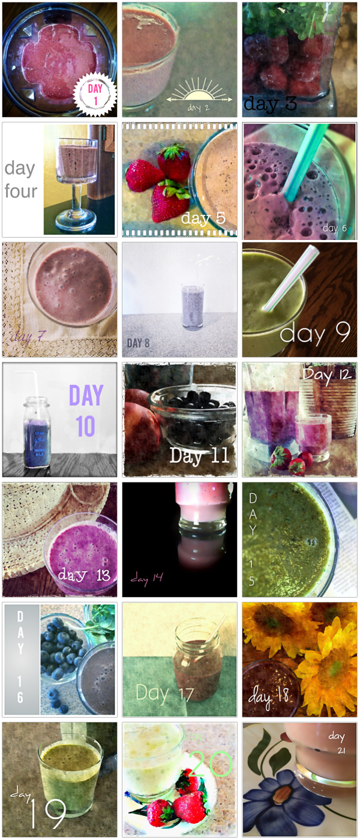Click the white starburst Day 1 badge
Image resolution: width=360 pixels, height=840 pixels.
[94, 95]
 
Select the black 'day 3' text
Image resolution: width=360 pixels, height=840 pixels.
[270, 104]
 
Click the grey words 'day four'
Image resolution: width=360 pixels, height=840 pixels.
[20, 179]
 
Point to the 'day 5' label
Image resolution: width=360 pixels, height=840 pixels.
[203, 218]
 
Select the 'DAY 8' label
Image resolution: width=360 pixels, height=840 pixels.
[139, 343]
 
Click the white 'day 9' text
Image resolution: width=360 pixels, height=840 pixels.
[315, 334]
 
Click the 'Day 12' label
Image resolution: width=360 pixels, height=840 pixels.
[326, 376]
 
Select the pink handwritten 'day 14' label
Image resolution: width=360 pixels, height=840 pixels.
[147, 579]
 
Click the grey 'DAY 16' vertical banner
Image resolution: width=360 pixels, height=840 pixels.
[21, 659]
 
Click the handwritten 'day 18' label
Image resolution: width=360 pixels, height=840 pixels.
[269, 696]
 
